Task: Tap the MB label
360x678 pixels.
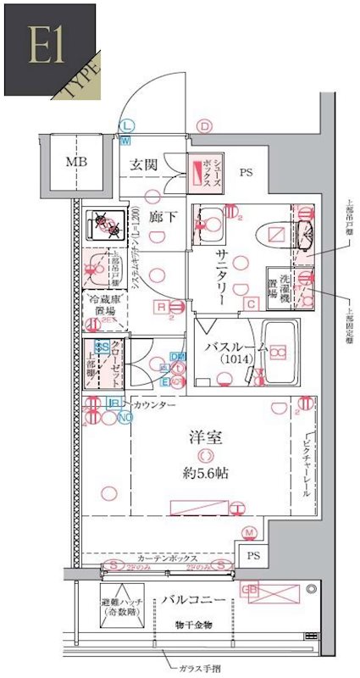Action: click(x=77, y=162)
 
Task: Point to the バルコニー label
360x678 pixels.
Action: click(x=195, y=600)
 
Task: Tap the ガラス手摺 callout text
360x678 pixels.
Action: click(x=201, y=669)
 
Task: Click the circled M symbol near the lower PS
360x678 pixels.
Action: click(x=250, y=532)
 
